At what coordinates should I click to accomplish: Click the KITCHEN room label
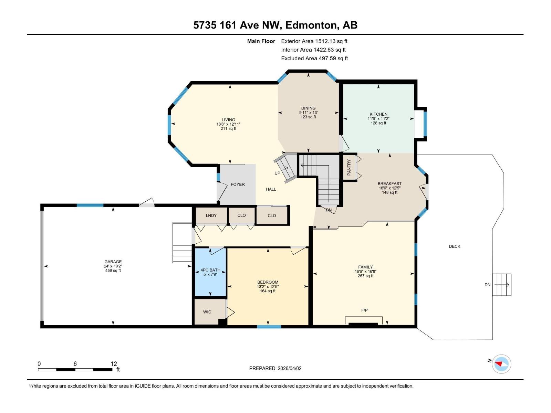(x=378, y=114)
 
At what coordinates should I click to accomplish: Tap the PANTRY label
(x=349, y=167)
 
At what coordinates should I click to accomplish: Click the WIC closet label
(x=207, y=312)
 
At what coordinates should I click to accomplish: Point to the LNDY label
(x=211, y=215)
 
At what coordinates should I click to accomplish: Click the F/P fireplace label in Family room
(x=364, y=310)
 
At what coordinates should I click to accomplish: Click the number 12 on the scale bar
(x=114, y=364)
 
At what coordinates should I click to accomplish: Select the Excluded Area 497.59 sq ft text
(x=314, y=59)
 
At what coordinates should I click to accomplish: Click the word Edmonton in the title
(x=311, y=25)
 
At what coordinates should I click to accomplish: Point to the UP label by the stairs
(x=278, y=173)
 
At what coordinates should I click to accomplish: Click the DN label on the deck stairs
(x=488, y=285)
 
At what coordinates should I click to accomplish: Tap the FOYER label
(x=238, y=184)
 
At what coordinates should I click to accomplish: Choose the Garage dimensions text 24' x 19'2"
(x=113, y=266)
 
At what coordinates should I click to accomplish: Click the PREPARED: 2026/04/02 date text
(x=275, y=368)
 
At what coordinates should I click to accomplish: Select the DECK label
(x=455, y=246)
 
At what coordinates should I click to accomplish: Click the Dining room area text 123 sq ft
(x=308, y=117)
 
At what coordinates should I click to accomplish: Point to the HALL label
(x=271, y=189)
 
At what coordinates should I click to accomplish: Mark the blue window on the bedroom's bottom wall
(x=269, y=326)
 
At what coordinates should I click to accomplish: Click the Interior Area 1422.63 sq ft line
(x=313, y=50)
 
